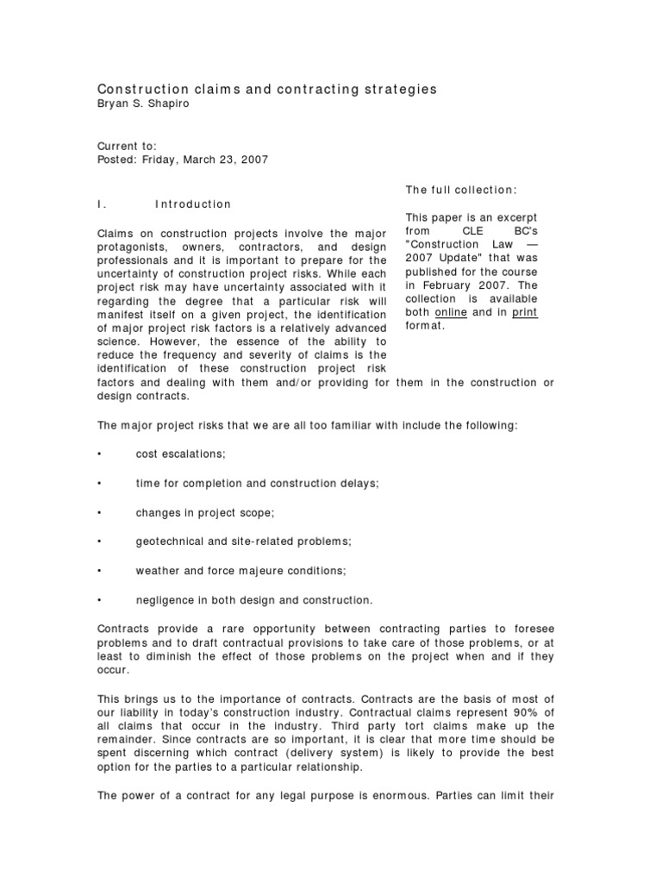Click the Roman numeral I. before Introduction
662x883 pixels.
(x=101, y=204)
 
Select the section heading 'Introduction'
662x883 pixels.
(x=193, y=204)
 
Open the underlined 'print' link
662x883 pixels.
(x=524, y=312)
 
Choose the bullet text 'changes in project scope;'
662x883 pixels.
(x=204, y=512)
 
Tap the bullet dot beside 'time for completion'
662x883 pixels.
(x=100, y=483)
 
